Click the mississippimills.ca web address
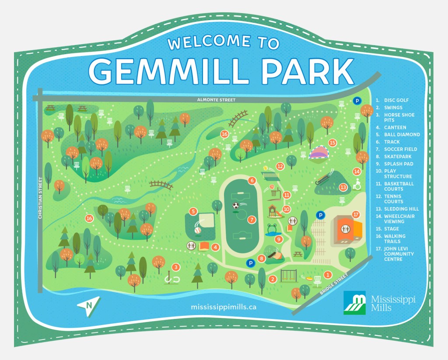point(224,307)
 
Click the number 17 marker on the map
point(356,214)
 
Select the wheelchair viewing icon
point(357,185)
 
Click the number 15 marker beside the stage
point(332,143)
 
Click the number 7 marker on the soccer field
point(251,220)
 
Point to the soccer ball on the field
point(236,205)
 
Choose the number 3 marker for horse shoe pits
point(176,267)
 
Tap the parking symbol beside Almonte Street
point(357,101)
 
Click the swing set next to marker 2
point(287,276)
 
